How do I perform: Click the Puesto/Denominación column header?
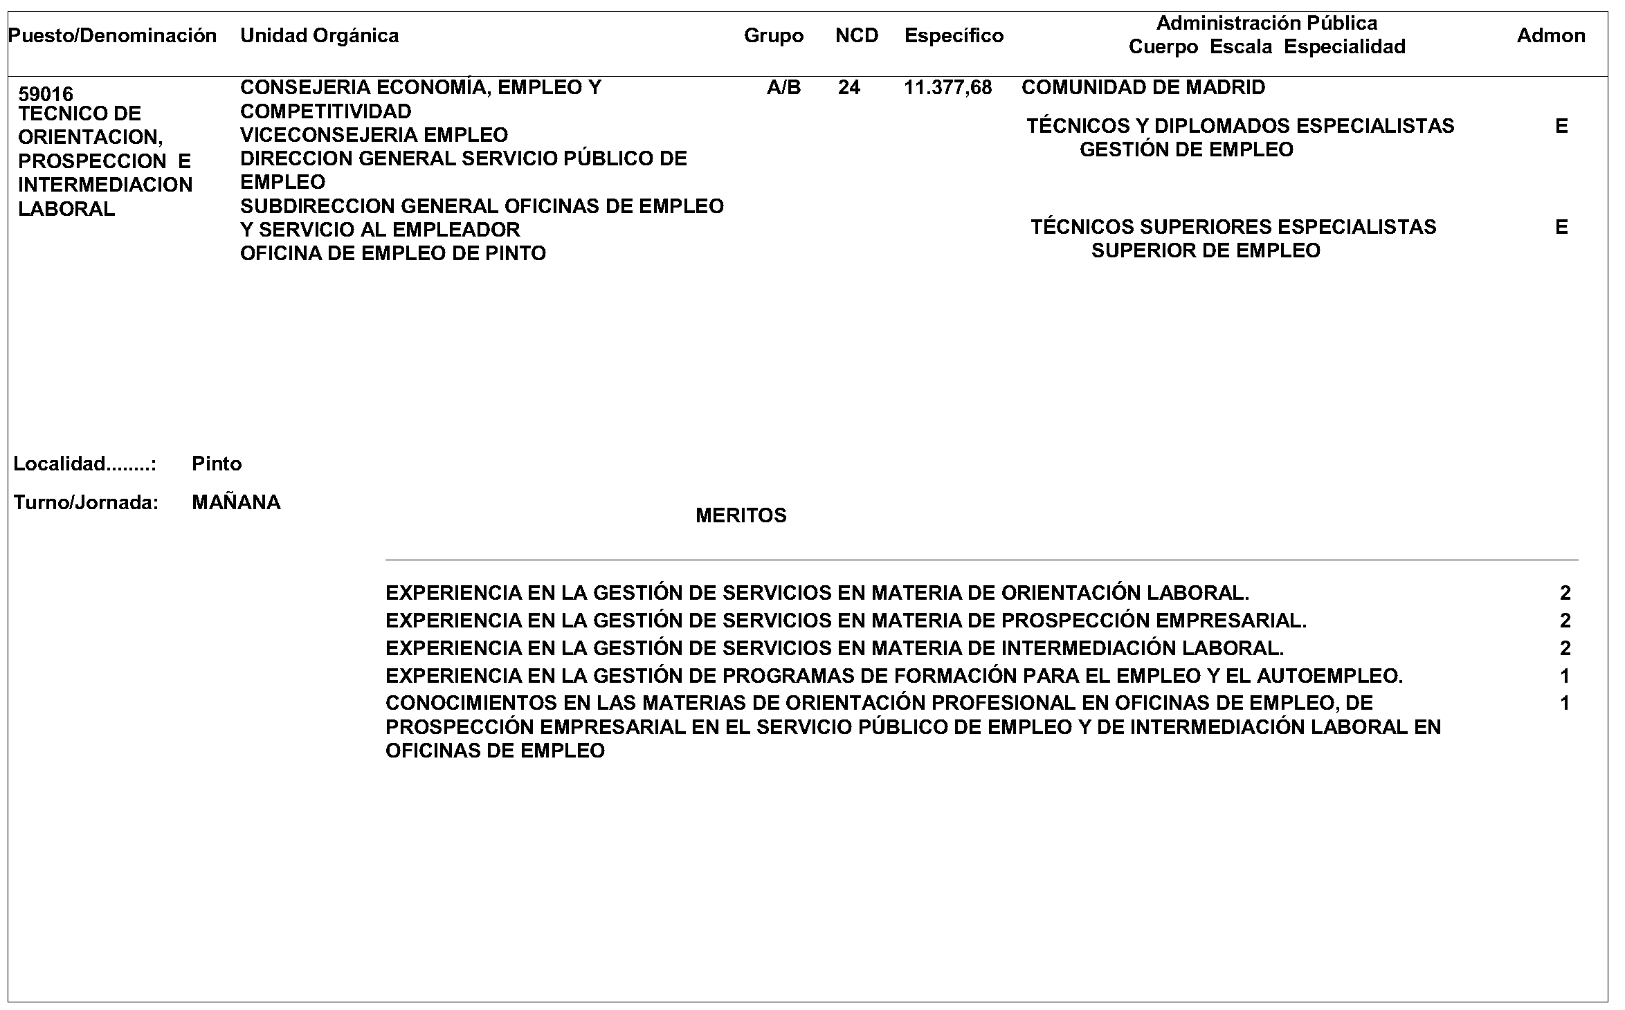[112, 36]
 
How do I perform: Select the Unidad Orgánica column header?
[319, 36]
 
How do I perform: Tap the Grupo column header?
[774, 36]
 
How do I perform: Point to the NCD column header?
[857, 36]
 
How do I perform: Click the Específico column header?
[954, 36]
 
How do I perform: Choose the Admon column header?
[1551, 36]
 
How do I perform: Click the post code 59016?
[46, 93]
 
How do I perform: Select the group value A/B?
[783, 88]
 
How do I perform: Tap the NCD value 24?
[849, 88]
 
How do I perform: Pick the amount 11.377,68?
[947, 88]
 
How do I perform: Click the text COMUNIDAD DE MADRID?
[1143, 88]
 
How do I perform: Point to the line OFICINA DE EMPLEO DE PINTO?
[392, 254]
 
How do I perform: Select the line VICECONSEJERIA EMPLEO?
[374, 135]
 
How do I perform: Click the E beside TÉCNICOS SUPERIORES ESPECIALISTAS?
[1561, 228]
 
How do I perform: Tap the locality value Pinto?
[217, 463]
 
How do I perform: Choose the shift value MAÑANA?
[236, 502]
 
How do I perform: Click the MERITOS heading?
[741, 516]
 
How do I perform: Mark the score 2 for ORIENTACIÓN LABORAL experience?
[1565, 594]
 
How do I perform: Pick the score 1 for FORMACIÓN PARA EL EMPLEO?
[1565, 677]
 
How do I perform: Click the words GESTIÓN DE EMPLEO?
[1186, 150]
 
